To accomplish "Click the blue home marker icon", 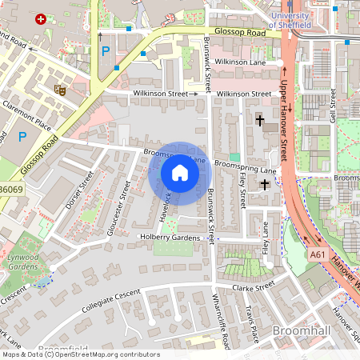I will coord(180,173).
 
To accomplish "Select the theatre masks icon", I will coord(59,90).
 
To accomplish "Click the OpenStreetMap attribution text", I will coord(80,354).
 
